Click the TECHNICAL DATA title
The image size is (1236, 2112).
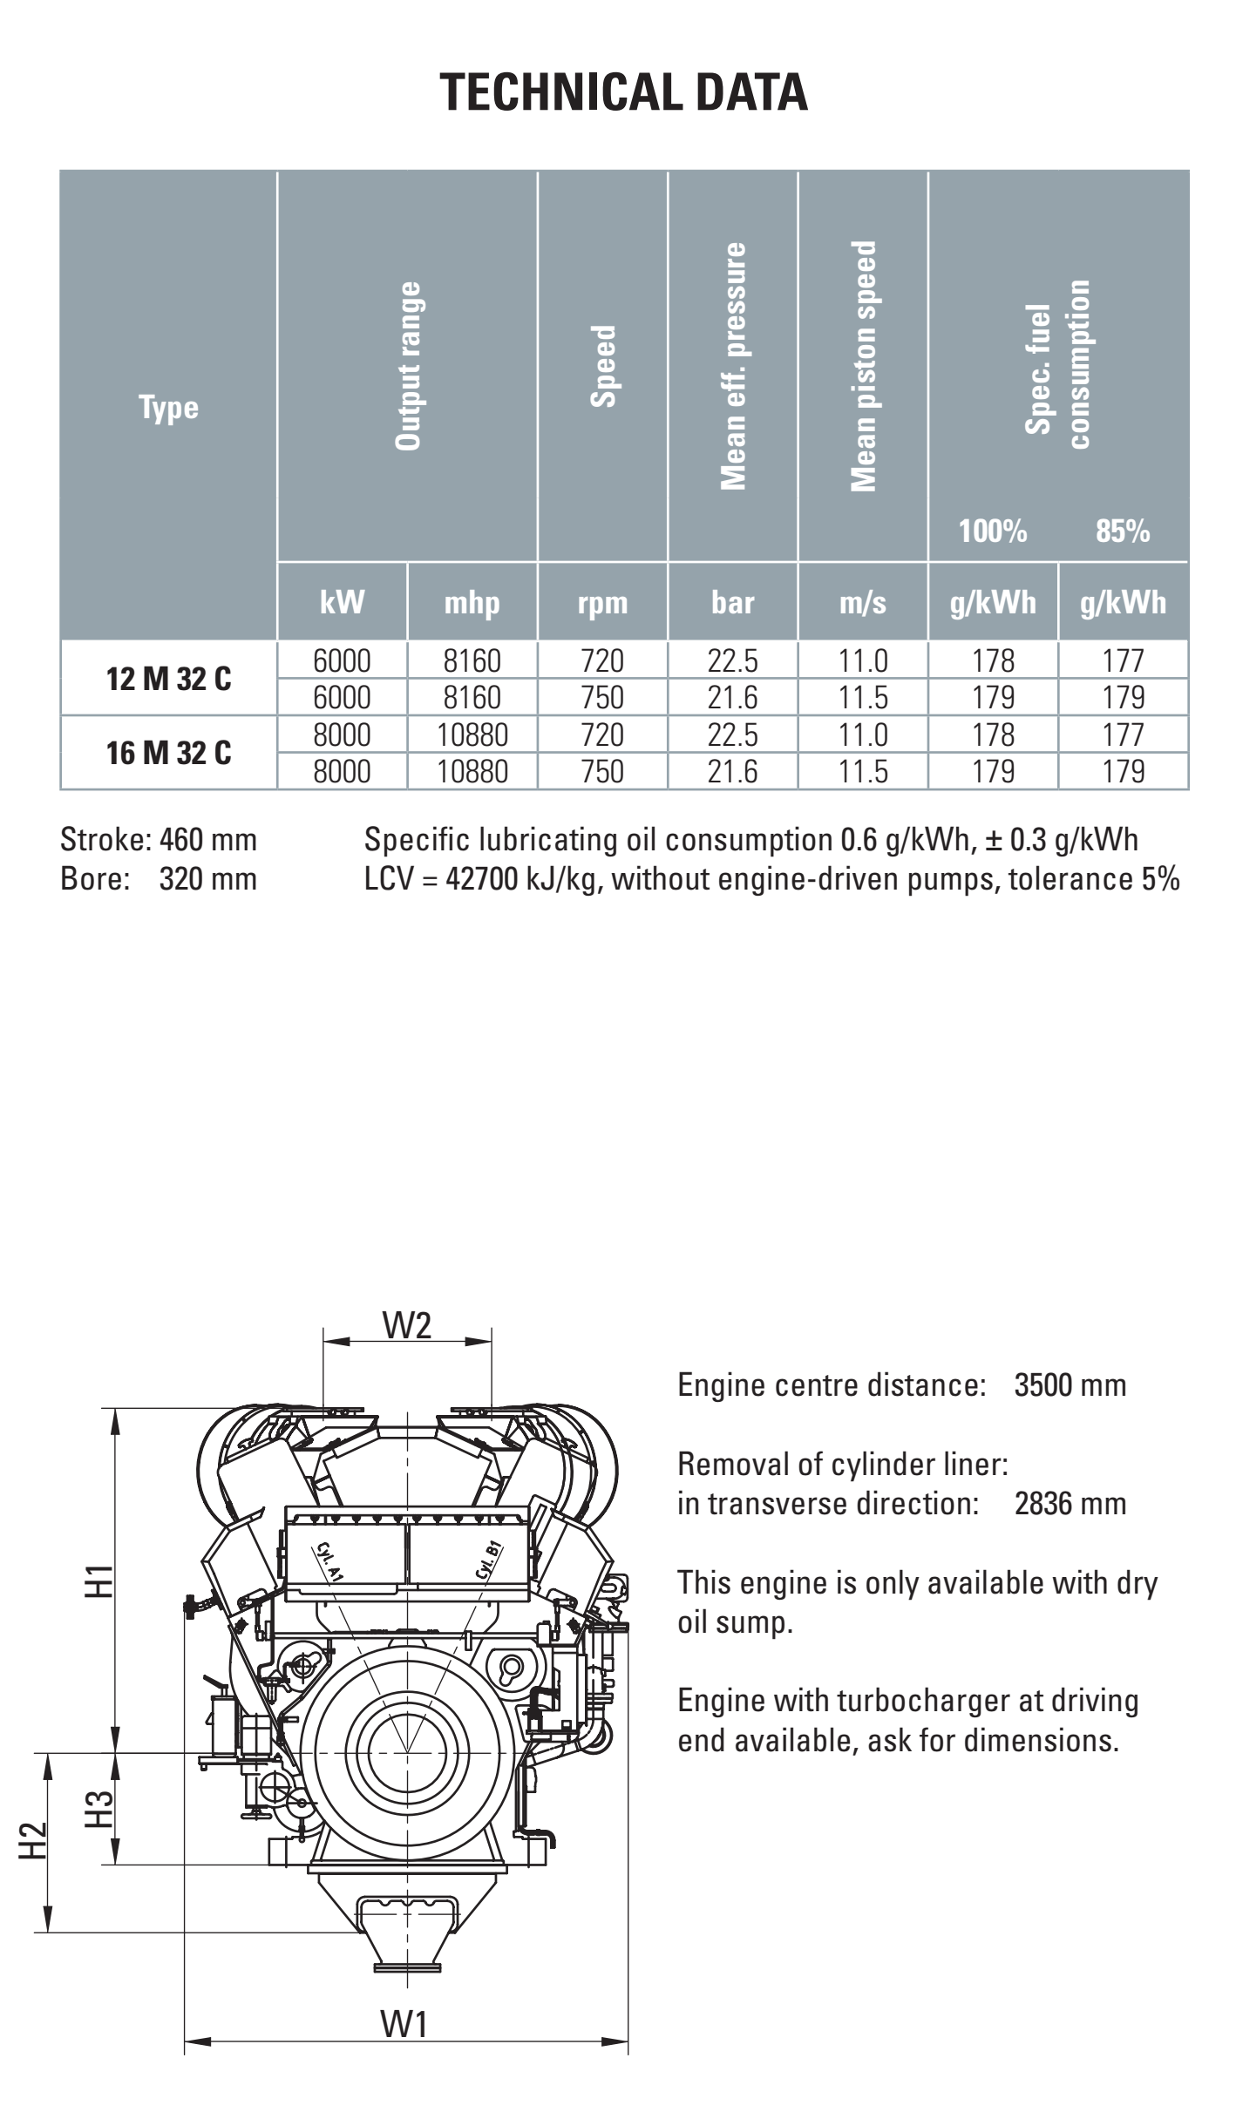623,92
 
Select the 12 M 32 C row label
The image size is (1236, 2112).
168,679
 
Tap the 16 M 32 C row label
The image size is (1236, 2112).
168,753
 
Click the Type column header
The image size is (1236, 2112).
168,407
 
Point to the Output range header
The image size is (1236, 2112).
408,366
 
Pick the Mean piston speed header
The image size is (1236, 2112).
863,366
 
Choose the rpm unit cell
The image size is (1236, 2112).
602,602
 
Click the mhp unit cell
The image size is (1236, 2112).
472,602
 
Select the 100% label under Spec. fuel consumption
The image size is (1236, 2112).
992,531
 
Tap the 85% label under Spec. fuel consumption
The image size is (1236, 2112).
1123,531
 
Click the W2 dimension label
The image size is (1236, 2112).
407,1325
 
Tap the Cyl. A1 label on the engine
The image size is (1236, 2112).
329,1561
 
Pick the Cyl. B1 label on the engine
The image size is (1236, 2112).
488,1560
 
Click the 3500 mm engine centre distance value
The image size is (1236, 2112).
1070,1385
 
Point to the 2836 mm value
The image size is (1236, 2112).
1070,1503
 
